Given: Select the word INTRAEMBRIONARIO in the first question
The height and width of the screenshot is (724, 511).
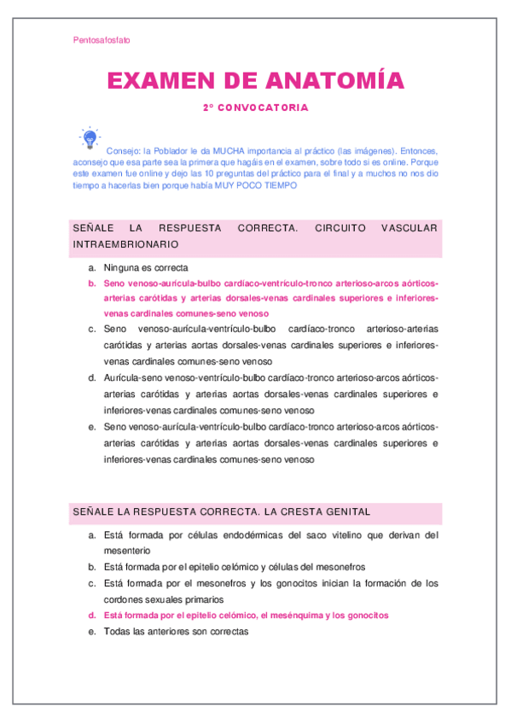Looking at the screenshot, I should click(x=125, y=243).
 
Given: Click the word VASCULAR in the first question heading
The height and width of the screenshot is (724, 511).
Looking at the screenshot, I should click(x=409, y=228).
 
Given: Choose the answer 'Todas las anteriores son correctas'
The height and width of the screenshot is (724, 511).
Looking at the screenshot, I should click(x=175, y=631).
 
